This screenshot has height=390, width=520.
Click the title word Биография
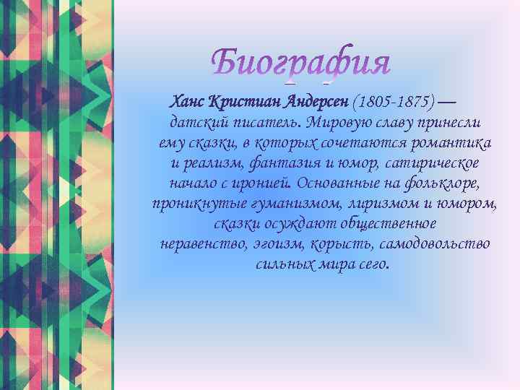click(x=302, y=64)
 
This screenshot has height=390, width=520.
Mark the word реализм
click(x=210, y=162)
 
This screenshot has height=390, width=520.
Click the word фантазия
click(x=283, y=162)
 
